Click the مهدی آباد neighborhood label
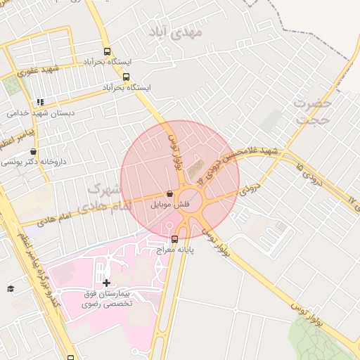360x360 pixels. (x=176, y=32)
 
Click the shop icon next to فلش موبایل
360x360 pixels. (x=170, y=193)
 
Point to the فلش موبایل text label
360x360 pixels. (x=165, y=205)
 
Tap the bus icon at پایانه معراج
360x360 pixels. (x=174, y=238)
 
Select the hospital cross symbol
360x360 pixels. (x=106, y=283)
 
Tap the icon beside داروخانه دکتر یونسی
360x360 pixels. (x=33, y=151)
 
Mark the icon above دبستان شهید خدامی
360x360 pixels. (x=40, y=102)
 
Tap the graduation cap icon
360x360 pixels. (x=11, y=288)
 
